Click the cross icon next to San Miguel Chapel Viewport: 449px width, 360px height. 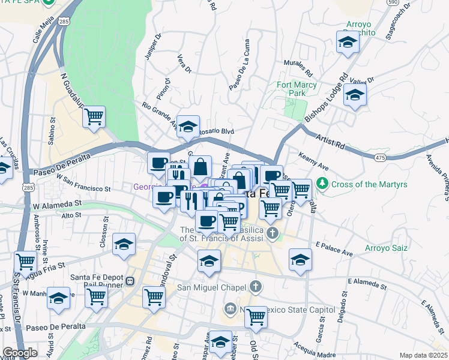coord(257,286)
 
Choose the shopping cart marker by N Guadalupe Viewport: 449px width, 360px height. coord(94,116)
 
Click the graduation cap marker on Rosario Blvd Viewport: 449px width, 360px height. coord(188,126)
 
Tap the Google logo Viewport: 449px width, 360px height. coord(19,353)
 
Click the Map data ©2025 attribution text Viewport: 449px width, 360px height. coord(424,355)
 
